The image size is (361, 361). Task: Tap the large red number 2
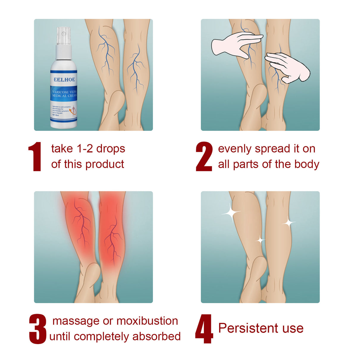coord(204,156)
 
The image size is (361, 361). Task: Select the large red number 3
coord(38,329)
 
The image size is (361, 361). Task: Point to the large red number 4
coord(204,329)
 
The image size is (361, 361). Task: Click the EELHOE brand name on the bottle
coord(64,80)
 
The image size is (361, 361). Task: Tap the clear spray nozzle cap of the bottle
coord(64,36)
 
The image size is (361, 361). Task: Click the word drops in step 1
coord(111,149)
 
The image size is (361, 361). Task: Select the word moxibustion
coord(147,321)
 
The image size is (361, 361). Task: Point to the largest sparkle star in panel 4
coord(231,212)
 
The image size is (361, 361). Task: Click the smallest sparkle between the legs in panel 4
coord(260,240)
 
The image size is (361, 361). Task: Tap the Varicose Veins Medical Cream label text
coord(64,94)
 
